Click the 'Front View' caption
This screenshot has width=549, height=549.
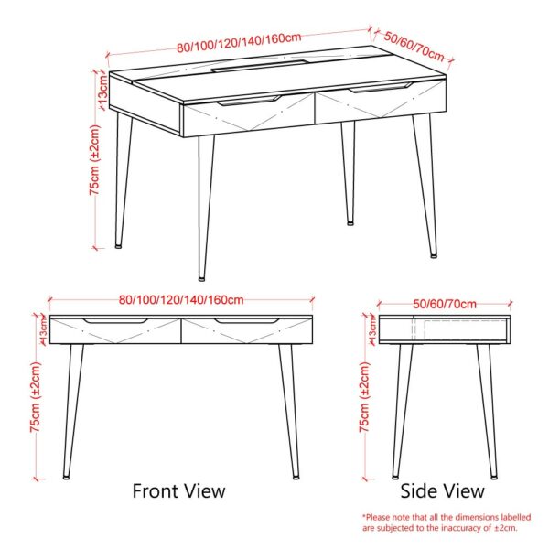point(178,491)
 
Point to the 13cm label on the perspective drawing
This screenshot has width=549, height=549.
point(104,89)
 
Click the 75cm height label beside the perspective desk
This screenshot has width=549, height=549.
point(94,170)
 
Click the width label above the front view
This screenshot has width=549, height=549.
point(181,299)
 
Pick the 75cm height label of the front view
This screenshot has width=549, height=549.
point(36,397)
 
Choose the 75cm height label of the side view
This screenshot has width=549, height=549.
point(365,397)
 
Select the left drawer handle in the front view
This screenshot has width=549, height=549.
point(114,321)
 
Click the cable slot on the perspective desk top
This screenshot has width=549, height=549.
point(262,65)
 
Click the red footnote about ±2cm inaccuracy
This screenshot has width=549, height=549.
point(439,522)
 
